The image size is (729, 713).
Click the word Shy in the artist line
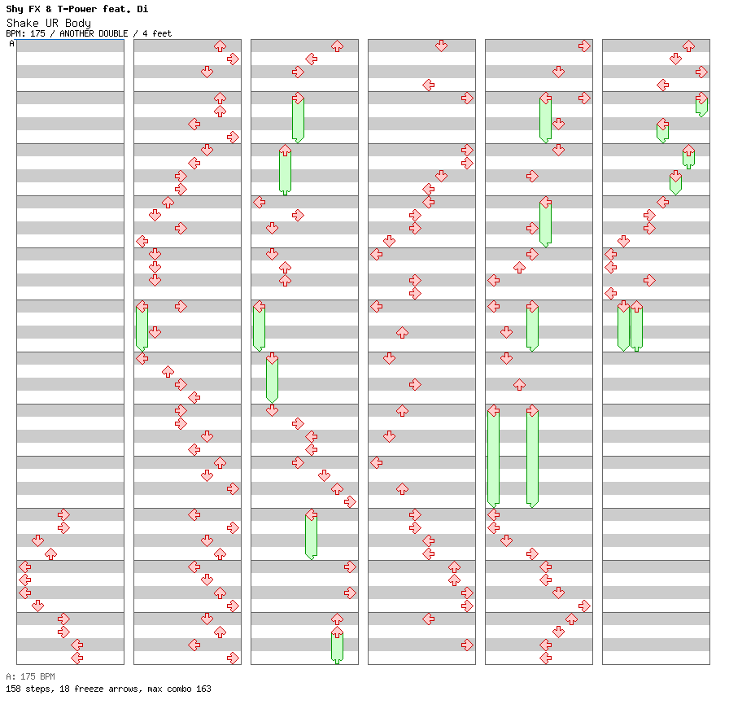point(15,9)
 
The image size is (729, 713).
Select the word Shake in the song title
point(21,23)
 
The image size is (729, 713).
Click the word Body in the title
point(78,23)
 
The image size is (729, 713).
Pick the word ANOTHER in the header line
point(77,34)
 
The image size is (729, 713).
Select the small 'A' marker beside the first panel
point(11,44)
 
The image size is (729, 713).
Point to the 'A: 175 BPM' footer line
point(30,676)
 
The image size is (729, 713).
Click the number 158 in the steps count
point(13,689)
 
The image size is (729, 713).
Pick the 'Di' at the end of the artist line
point(142,9)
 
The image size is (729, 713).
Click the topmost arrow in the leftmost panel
point(63,514)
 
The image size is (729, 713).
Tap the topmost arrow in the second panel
point(220,46)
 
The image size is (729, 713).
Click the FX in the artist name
point(35,9)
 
